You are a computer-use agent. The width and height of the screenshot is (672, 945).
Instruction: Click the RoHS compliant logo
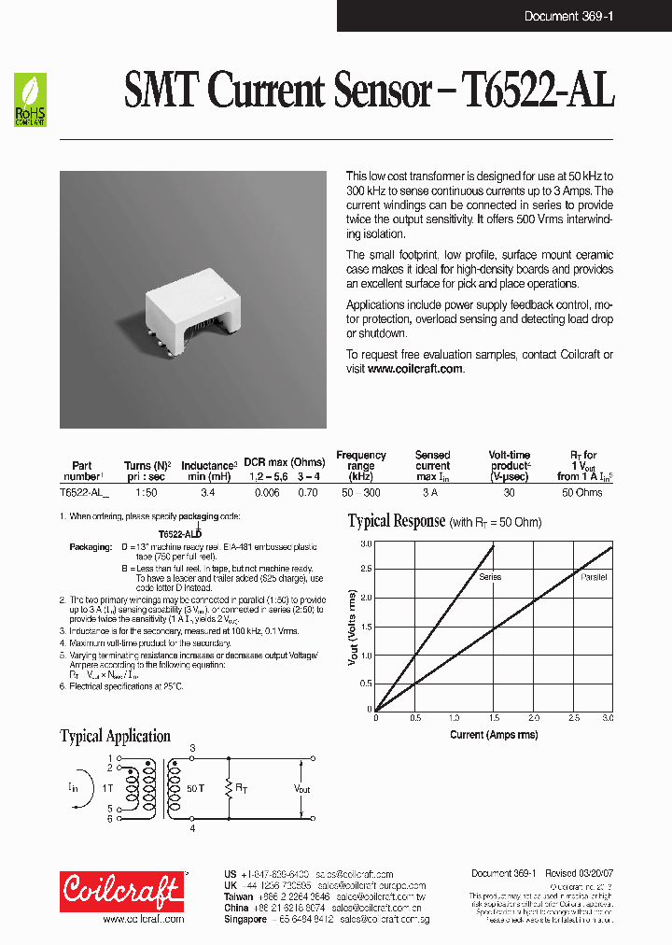(30, 100)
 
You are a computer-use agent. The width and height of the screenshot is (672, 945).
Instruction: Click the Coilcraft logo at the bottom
(122, 891)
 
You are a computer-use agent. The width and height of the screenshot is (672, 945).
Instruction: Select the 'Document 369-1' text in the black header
(568, 16)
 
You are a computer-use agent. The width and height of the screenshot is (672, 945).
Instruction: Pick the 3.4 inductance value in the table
(208, 492)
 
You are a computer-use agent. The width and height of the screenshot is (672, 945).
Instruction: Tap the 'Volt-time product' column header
(510, 465)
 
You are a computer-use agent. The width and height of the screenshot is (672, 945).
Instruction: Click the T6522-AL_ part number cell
(84, 492)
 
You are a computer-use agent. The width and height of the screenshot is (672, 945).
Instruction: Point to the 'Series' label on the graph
(490, 577)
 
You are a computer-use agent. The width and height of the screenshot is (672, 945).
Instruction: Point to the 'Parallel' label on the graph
(593, 577)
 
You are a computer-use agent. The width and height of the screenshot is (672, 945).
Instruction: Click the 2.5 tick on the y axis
(366, 571)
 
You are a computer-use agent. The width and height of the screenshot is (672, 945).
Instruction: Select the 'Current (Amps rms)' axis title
(493, 735)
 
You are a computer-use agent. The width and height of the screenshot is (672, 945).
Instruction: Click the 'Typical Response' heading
(396, 522)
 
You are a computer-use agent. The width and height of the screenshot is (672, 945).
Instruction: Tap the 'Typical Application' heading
(115, 737)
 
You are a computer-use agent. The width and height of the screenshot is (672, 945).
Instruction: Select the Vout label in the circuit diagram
(301, 789)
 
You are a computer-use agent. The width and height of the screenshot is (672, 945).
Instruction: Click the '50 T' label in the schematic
(195, 789)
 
